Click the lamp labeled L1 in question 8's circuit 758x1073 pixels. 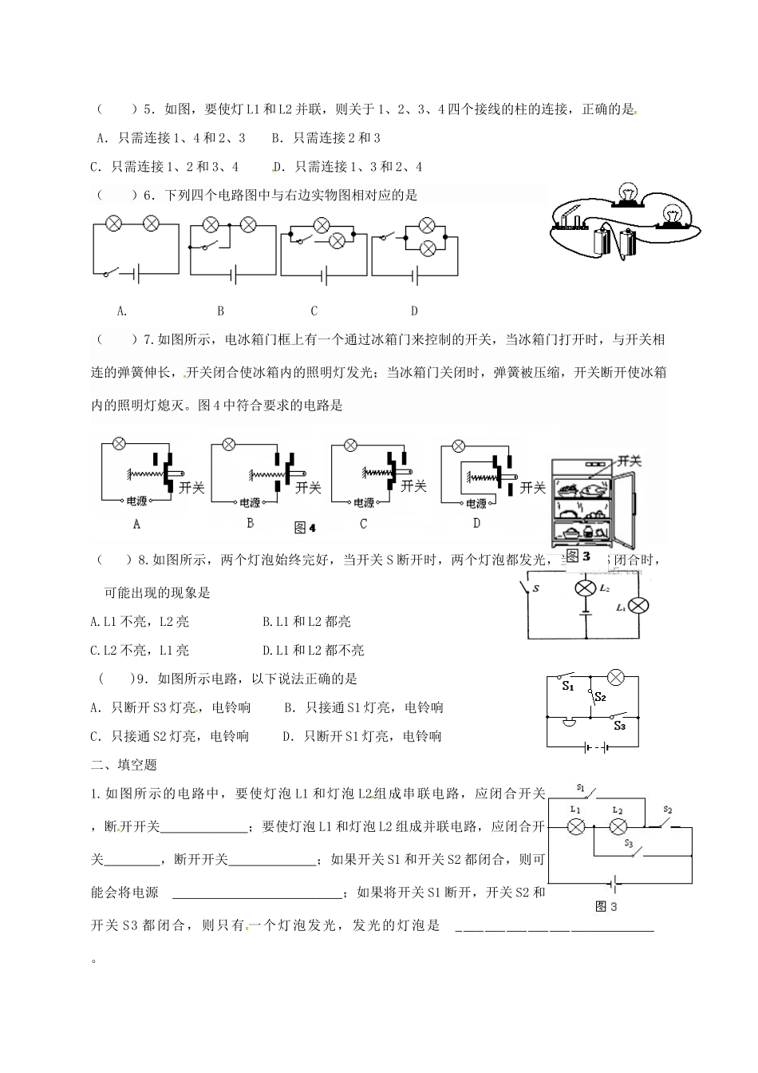[x=638, y=606]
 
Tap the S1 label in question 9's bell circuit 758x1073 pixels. [x=567, y=686]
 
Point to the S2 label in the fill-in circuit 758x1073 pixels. [x=668, y=810]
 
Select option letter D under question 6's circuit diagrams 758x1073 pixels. [x=414, y=311]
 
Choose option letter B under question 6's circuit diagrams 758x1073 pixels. [x=221, y=311]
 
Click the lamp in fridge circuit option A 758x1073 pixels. [x=119, y=443]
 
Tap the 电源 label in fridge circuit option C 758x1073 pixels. [x=364, y=502]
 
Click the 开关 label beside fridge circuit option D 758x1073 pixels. [x=532, y=487]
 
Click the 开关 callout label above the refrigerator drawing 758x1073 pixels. [x=630, y=461]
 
